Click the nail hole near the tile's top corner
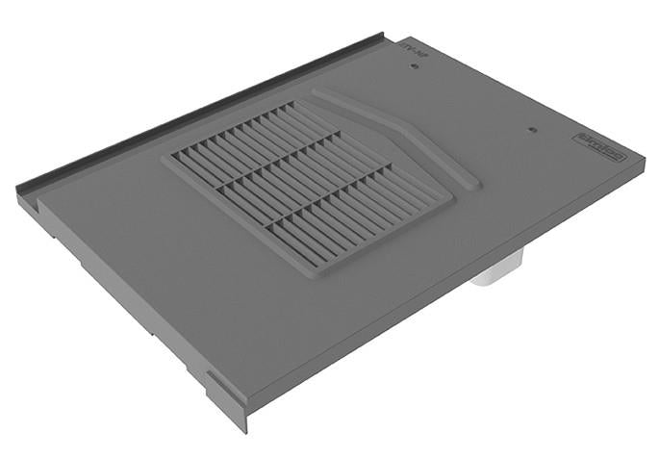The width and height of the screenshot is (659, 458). (415, 66)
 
